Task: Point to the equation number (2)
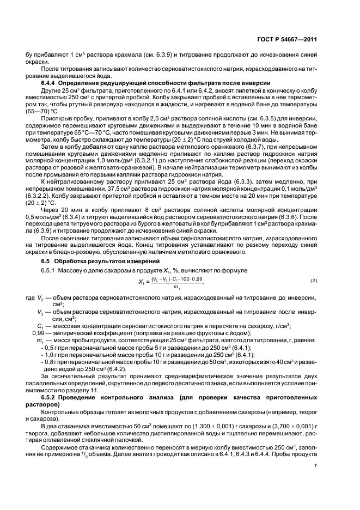coord(314,280)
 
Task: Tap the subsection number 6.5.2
coord(51,399)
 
